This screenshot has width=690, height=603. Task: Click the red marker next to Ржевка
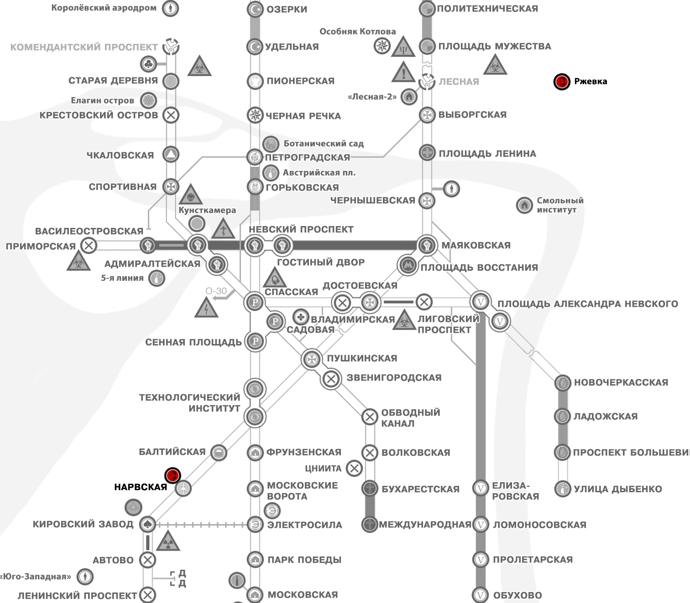562,82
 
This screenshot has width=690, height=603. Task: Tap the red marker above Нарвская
173,475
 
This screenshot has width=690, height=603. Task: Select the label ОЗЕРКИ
287,9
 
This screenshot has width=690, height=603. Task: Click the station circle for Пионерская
255,81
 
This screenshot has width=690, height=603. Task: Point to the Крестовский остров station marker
171,115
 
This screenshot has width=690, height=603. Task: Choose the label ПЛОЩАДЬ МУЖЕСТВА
495,46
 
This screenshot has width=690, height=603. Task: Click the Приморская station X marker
89,246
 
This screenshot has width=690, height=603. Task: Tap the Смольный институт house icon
524,205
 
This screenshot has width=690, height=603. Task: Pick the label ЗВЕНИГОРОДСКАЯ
394,378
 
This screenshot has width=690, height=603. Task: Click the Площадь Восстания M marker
406,265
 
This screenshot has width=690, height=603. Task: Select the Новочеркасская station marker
562,383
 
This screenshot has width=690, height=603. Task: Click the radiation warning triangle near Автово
168,541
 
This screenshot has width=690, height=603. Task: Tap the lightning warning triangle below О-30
206,308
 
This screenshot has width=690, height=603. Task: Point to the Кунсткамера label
207,210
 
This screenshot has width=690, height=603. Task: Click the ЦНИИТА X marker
354,468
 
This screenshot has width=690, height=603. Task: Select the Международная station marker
369,525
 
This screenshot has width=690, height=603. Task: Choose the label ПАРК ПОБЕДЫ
304,560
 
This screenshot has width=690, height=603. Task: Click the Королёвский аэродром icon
171,8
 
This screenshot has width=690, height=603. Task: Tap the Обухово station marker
480,595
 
